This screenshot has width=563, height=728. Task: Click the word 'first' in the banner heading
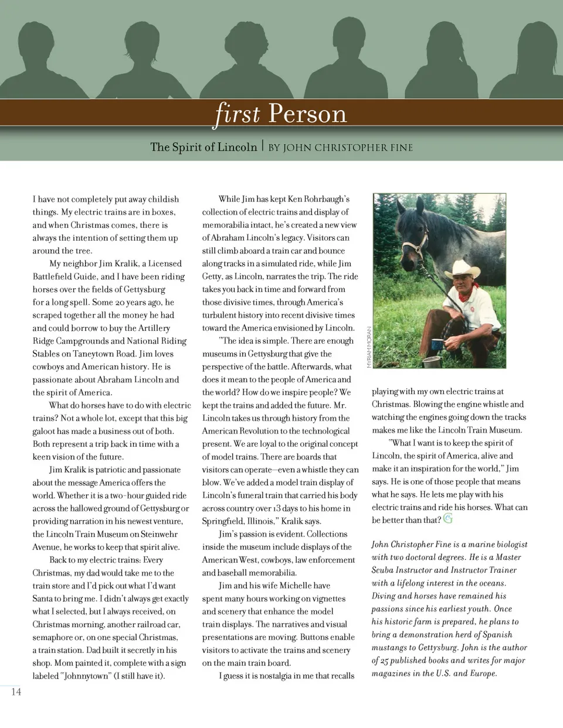[x=238, y=113]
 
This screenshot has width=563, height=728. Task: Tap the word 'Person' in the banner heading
[x=307, y=113]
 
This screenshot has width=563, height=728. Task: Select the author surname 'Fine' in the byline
[x=401, y=148]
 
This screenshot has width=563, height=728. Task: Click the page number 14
[x=16, y=692]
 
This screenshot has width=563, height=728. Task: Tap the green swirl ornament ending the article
[x=448, y=518]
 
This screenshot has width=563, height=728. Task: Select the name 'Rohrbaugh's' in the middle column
[x=327, y=199]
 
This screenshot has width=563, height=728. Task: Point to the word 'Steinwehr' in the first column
[x=159, y=534]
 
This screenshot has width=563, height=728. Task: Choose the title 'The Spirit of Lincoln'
[x=204, y=147]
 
